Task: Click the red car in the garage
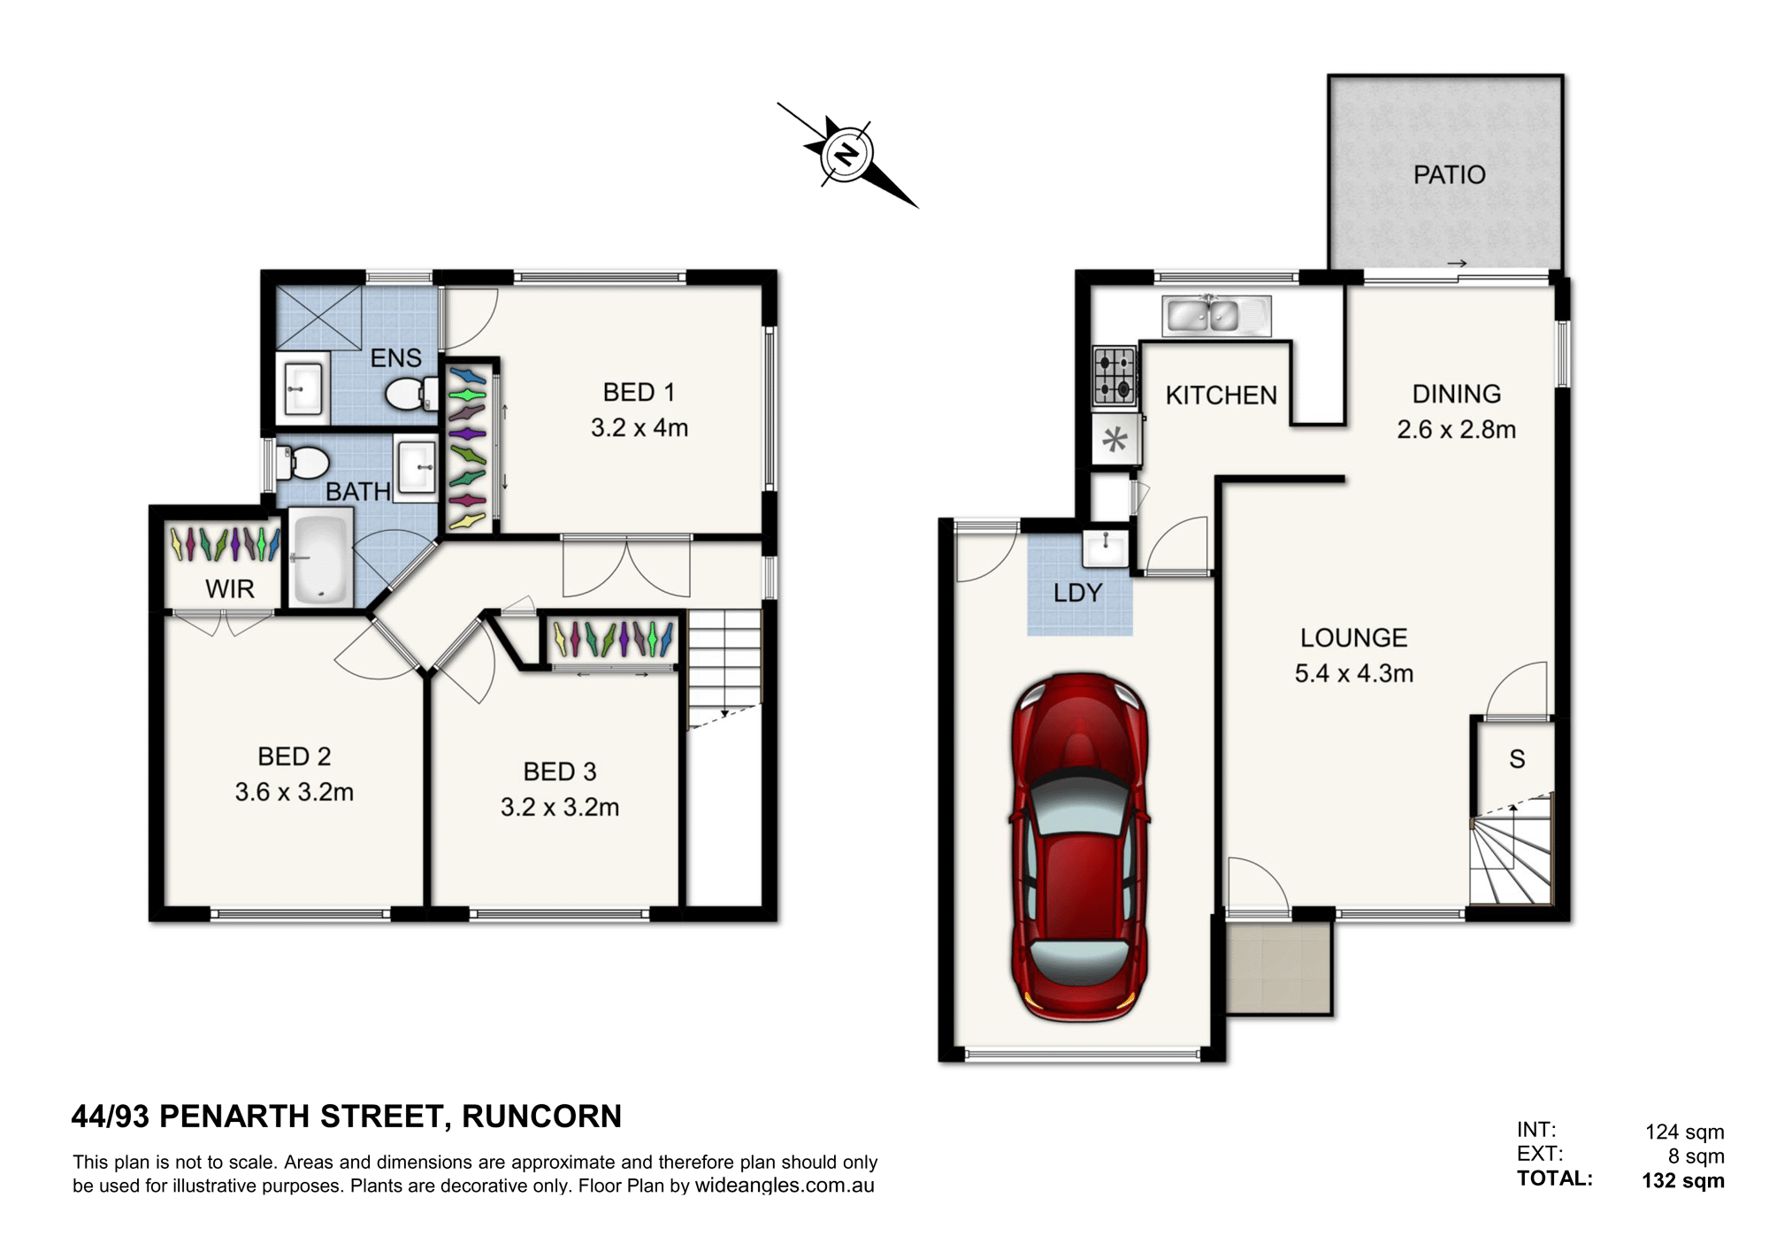[1079, 847]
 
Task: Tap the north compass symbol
[847, 156]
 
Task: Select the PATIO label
[1449, 175]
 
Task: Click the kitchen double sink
[1216, 316]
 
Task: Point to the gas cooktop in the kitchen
[1114, 376]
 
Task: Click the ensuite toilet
[411, 393]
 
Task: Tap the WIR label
[230, 589]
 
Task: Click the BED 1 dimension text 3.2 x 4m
[639, 428]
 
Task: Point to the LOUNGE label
[1353, 638]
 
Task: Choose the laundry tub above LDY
[1106, 549]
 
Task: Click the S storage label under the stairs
[1517, 759]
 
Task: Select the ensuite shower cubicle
[318, 317]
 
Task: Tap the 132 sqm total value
[1683, 1181]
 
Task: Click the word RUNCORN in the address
[542, 1117]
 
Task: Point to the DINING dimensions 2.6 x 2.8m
[1456, 430]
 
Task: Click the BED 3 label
[560, 771]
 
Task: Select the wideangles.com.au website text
[785, 1186]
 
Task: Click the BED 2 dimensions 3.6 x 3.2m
[294, 792]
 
